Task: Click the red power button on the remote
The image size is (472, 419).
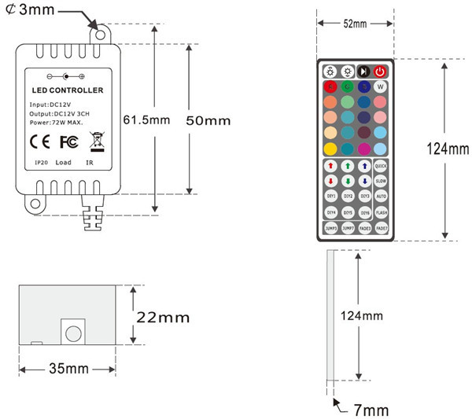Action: [x=381, y=71]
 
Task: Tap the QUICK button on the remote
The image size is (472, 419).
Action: [x=381, y=166]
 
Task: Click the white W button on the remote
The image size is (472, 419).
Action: [x=381, y=86]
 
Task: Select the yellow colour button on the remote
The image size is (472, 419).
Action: [x=329, y=148]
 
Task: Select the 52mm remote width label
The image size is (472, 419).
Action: [x=355, y=24]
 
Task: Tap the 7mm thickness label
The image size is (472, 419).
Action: [x=369, y=410]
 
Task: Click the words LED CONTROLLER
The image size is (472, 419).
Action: [x=67, y=91]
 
